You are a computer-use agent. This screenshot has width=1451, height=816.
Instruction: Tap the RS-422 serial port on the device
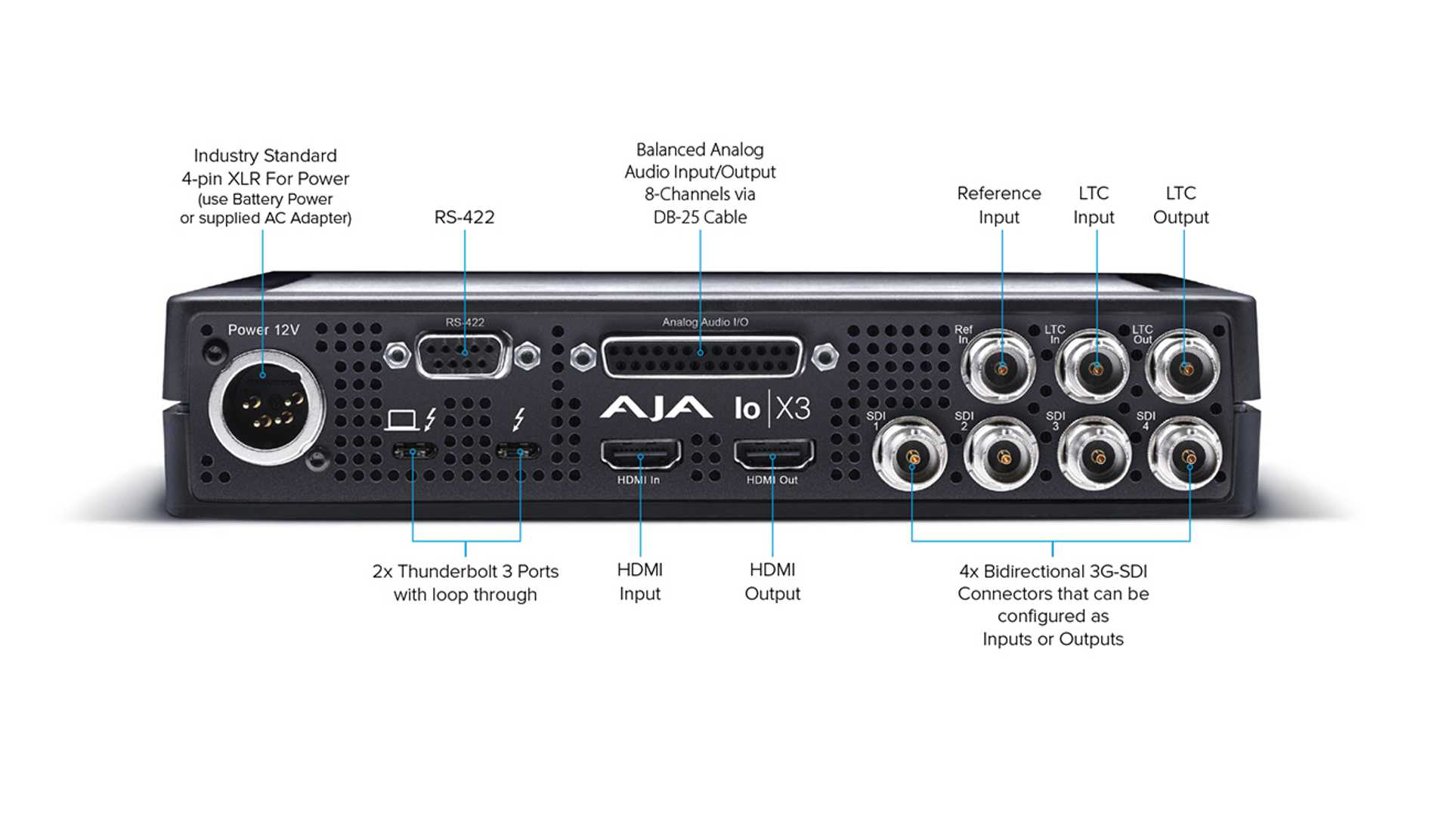(x=463, y=354)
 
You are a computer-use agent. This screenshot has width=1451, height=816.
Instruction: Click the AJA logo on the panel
(x=655, y=408)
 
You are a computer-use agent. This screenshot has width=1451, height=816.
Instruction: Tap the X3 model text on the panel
(x=793, y=409)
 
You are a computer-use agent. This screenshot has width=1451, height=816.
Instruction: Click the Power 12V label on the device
(x=264, y=330)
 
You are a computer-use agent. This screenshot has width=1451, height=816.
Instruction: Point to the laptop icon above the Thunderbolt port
(x=401, y=420)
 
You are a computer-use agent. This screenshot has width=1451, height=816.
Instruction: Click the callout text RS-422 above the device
(x=464, y=218)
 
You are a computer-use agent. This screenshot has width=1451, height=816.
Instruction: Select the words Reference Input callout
(x=999, y=205)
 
